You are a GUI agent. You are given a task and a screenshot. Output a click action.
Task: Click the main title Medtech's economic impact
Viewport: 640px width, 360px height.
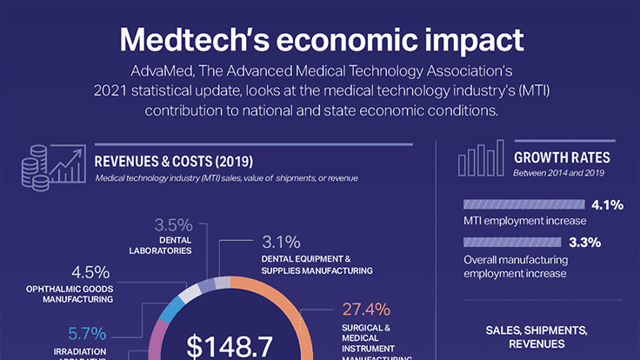(321, 38)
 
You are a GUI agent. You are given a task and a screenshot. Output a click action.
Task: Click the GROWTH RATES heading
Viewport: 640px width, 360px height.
(562, 158)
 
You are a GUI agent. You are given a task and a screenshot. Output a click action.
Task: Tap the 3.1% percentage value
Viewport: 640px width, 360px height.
(281, 242)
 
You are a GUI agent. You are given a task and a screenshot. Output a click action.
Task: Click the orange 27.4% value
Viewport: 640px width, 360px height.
(359, 310)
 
